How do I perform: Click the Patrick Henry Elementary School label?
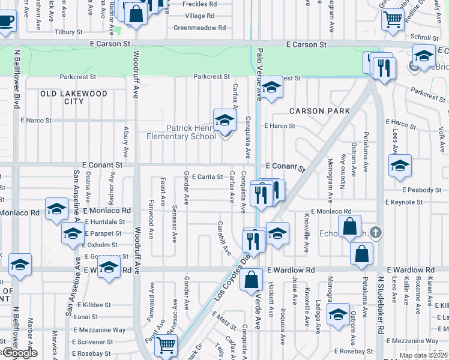[x=181, y=132]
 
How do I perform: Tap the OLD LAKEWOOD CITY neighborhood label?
[x=74, y=98]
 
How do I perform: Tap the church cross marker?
[x=375, y=232]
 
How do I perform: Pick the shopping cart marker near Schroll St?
[x=393, y=19]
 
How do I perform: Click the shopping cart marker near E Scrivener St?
[x=166, y=345]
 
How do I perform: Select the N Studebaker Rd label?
[x=380, y=305]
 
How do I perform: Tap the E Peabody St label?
[x=422, y=190]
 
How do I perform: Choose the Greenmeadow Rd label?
[x=199, y=28]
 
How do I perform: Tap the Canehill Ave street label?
[x=223, y=237]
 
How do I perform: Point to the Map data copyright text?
[x=423, y=355]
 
